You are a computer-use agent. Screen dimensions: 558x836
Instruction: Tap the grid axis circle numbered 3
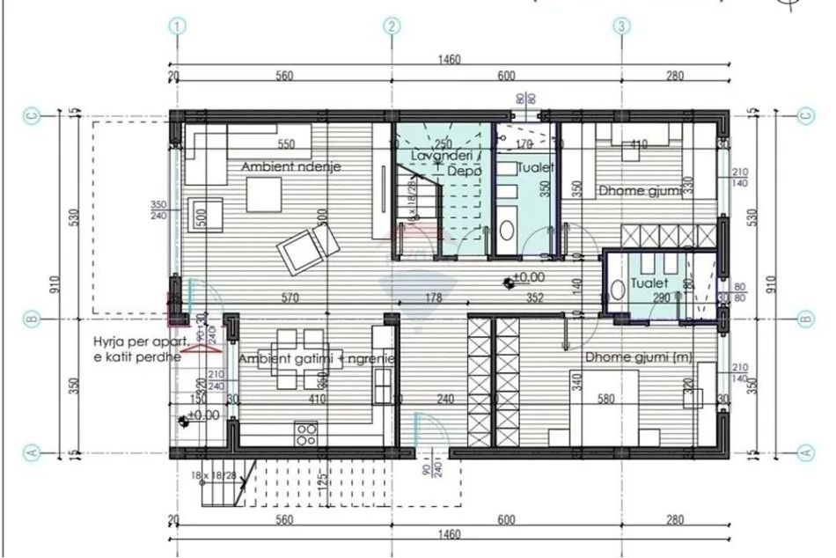(622, 26)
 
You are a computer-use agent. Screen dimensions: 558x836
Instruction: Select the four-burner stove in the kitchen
(307, 433)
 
